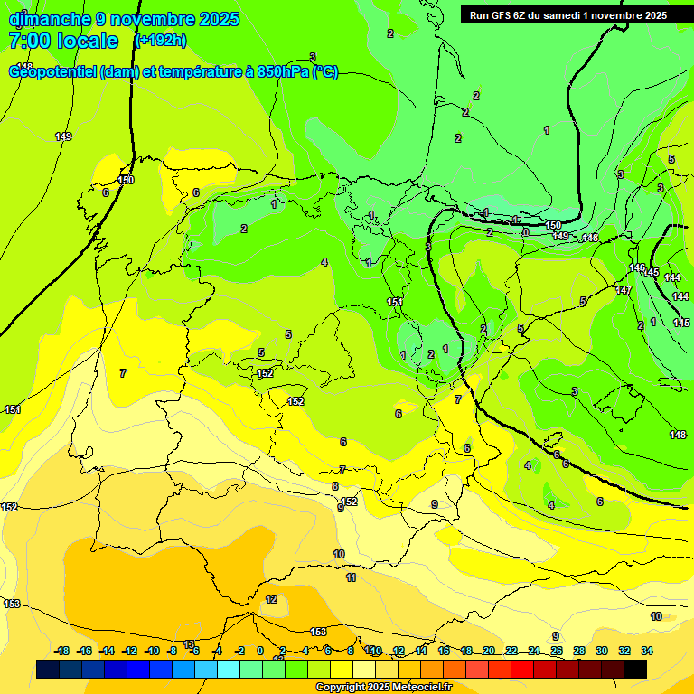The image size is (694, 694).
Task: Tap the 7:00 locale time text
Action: [63, 42]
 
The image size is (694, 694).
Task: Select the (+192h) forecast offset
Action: [161, 40]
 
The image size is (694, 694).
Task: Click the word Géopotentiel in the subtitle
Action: [53, 72]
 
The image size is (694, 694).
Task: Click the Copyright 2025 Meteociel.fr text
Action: [383, 688]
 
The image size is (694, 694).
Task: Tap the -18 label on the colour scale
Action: [61, 651]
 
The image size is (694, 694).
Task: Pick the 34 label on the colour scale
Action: [647, 651]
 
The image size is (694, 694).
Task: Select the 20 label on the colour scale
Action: [489, 651]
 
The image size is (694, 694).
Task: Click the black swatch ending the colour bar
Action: [635, 669]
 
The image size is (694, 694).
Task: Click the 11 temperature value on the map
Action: [351, 577]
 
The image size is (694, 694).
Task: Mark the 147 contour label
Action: [624, 290]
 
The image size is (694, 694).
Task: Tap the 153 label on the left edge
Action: [12, 604]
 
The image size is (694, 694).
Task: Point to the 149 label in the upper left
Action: [63, 137]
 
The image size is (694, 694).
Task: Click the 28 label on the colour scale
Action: [579, 651]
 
